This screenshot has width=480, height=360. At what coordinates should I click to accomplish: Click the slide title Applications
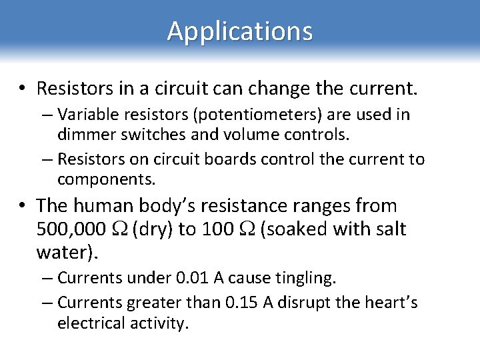click(x=239, y=31)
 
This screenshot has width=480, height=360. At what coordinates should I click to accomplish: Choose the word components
click(x=105, y=179)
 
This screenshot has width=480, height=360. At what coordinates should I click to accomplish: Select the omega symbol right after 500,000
click(x=120, y=230)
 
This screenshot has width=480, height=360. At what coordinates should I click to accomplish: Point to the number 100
click(x=217, y=229)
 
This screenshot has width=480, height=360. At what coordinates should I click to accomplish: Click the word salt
click(x=388, y=229)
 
